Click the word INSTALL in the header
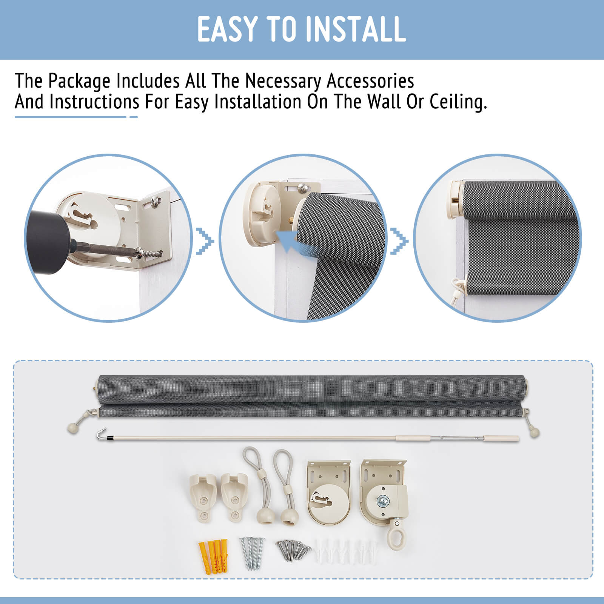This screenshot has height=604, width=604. [x=356, y=29]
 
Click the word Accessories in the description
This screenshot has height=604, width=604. [x=370, y=81]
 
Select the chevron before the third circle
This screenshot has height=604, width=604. [x=399, y=241]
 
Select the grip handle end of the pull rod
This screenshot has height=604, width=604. [x=502, y=439]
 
